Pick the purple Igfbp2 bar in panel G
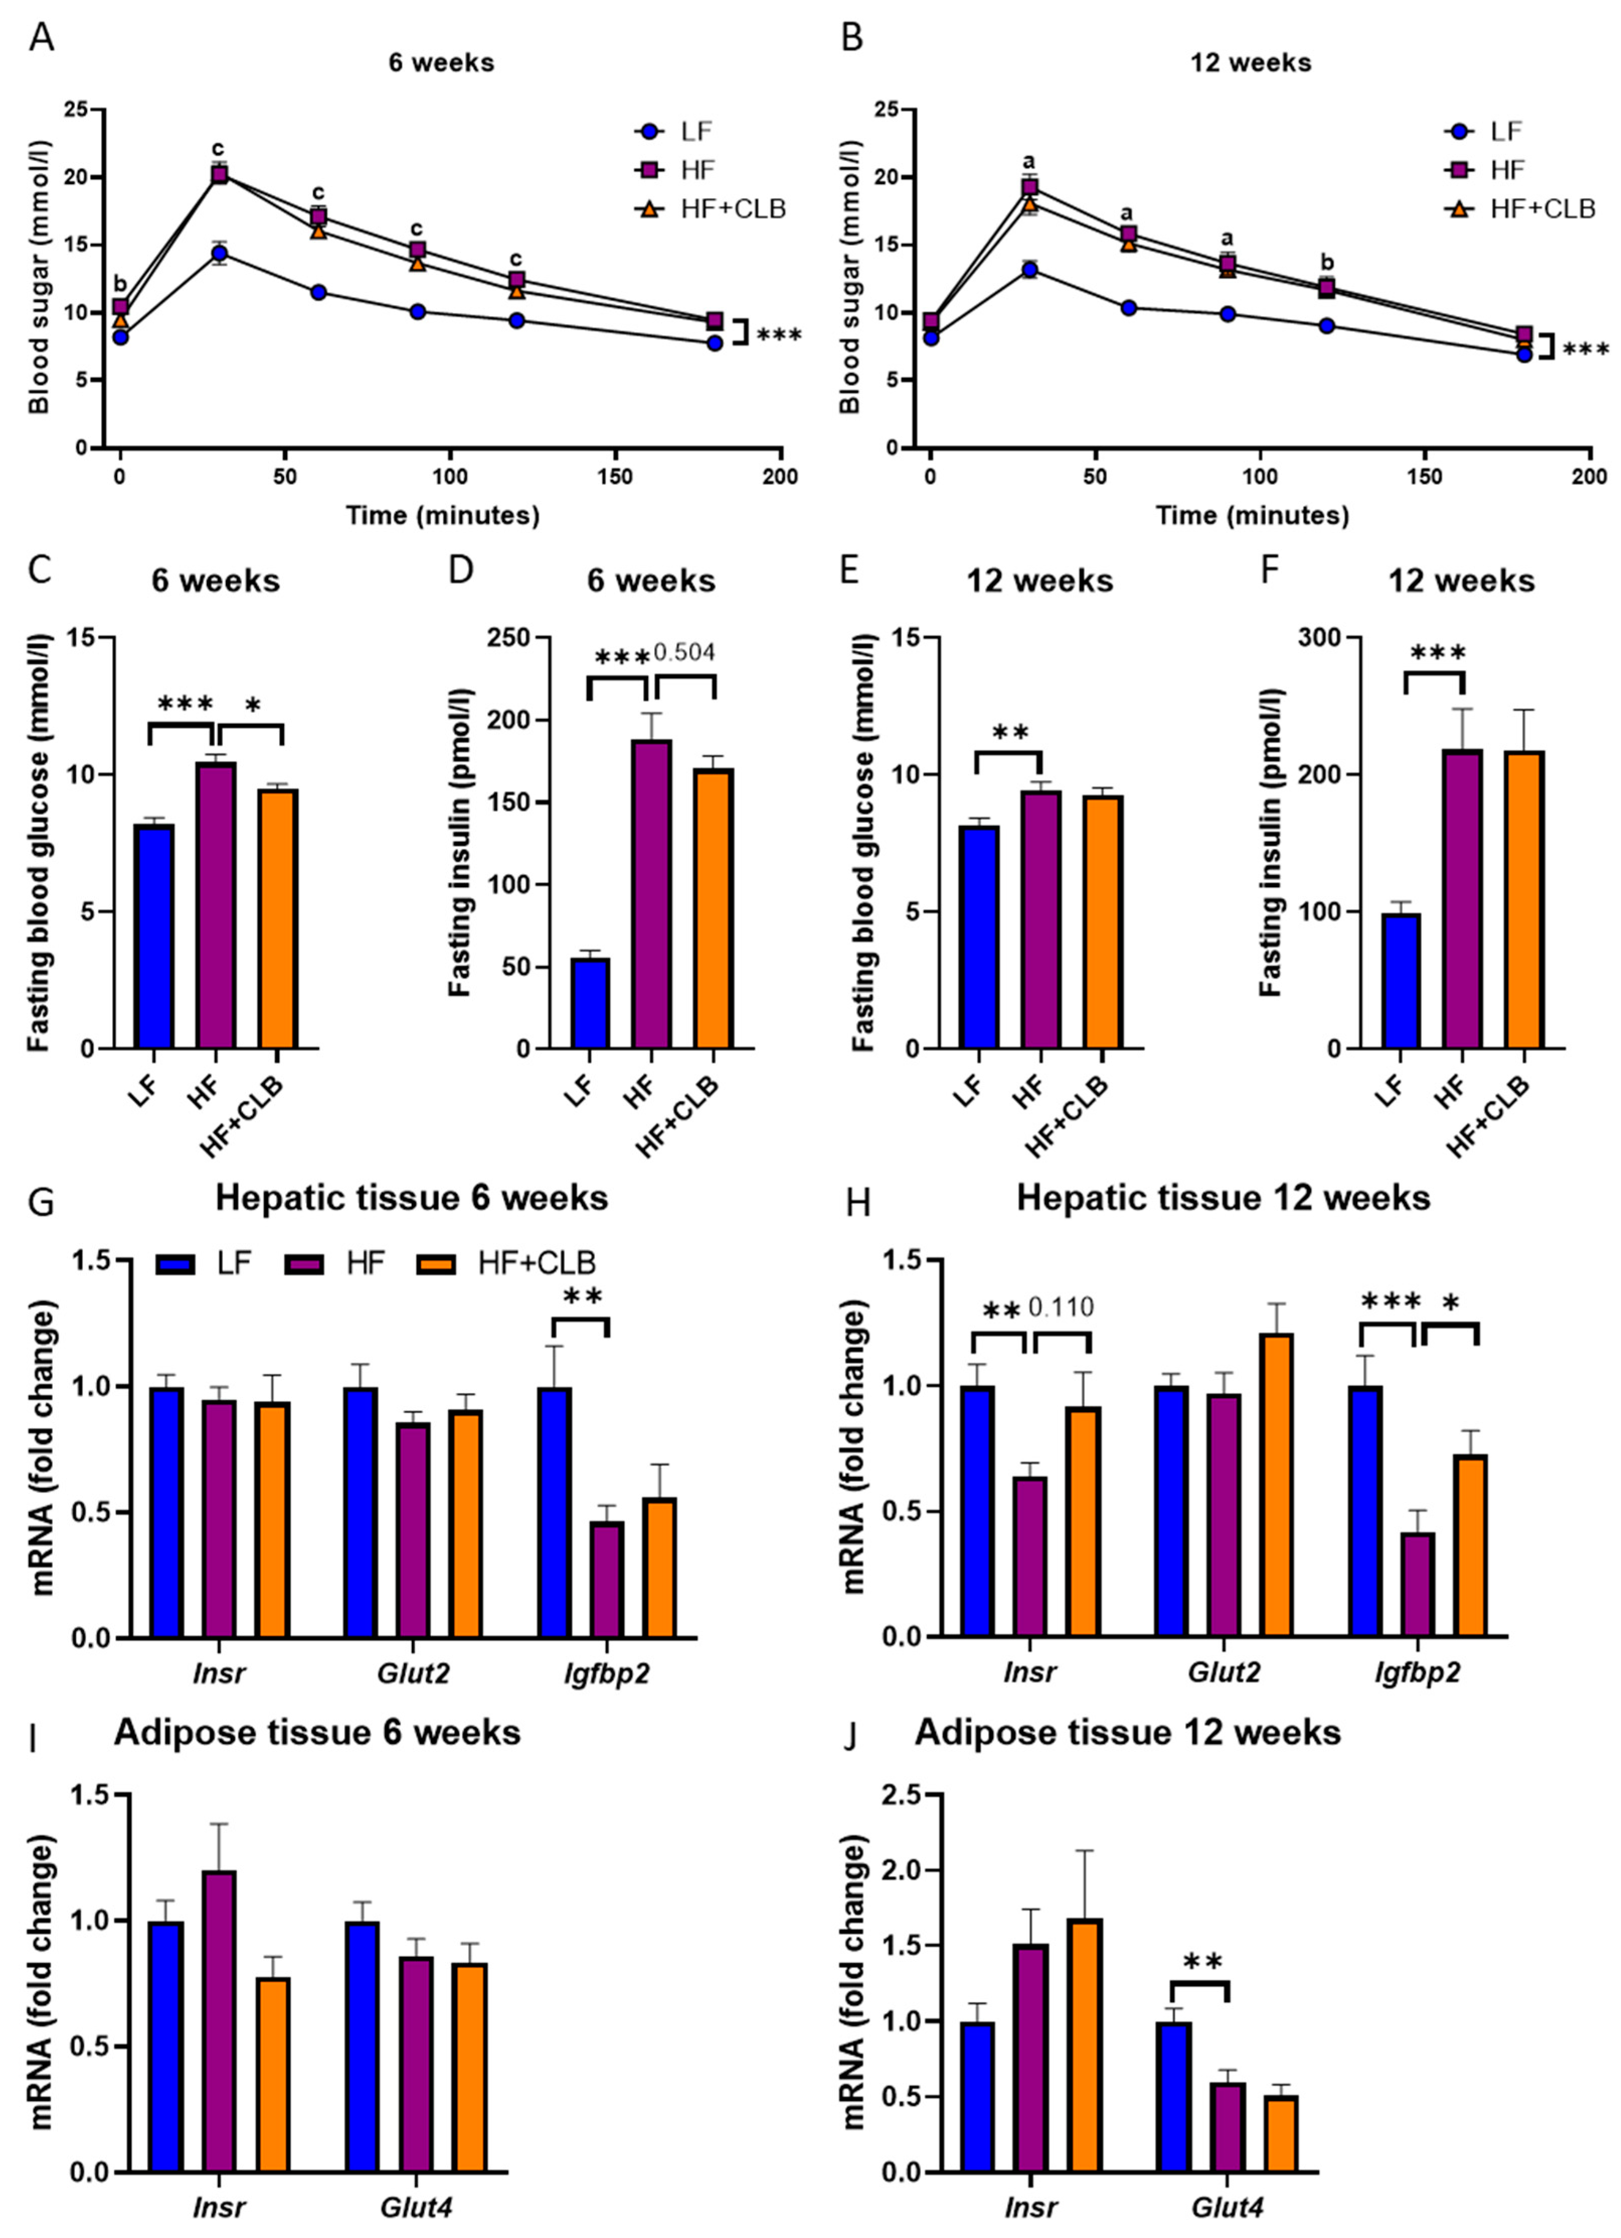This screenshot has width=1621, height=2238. tap(607, 1579)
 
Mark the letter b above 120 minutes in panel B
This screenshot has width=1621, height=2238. tap(1327, 263)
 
